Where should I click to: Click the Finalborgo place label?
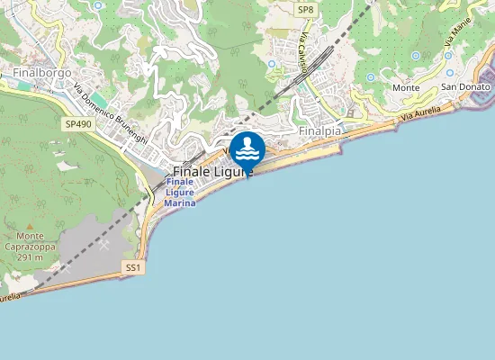pos(36,71)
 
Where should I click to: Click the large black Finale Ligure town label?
pos(212,170)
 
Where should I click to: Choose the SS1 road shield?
pos(133,268)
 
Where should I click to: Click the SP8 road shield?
pos(306,9)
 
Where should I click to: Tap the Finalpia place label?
pos(319,130)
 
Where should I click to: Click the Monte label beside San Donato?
pos(406,87)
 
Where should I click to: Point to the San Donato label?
pos(465,87)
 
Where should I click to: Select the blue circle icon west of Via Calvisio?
pos(272,64)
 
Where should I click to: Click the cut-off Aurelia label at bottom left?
pos(9,296)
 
